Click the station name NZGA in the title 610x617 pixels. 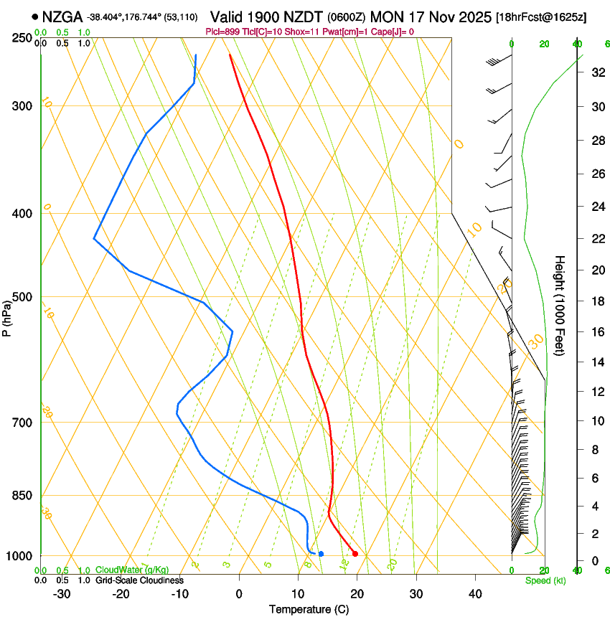[x=62, y=17]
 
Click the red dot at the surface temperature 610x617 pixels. [x=355, y=553]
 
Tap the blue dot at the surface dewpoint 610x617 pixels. [x=321, y=553]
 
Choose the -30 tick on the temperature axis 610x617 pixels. [x=62, y=594]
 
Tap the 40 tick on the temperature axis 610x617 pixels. [x=475, y=594]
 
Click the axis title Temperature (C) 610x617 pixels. [x=309, y=609]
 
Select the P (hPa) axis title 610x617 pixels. [x=7, y=316]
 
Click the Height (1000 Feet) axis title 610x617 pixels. [x=560, y=305]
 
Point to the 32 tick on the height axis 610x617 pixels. [x=596, y=72]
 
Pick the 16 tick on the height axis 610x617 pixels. [x=596, y=332]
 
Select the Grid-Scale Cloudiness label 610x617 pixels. [x=139, y=580]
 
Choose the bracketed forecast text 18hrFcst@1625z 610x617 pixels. [x=541, y=17]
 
